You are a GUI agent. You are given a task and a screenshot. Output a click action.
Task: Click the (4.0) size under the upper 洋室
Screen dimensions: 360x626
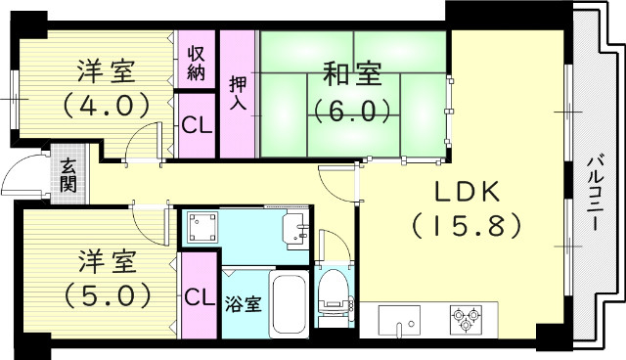(x=107, y=102)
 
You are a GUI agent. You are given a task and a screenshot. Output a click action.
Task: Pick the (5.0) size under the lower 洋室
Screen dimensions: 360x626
(x=107, y=292)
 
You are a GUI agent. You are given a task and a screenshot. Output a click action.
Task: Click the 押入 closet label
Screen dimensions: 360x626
(x=238, y=95)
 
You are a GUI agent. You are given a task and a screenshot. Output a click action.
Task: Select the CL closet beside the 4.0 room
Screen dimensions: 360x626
(x=197, y=124)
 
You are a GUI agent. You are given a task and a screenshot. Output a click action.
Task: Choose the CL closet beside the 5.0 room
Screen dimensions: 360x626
(x=200, y=296)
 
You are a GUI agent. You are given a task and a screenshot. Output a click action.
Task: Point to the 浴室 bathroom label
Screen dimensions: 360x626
(x=243, y=302)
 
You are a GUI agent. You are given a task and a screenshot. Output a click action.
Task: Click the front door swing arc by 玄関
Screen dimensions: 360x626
(x=20, y=176)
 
